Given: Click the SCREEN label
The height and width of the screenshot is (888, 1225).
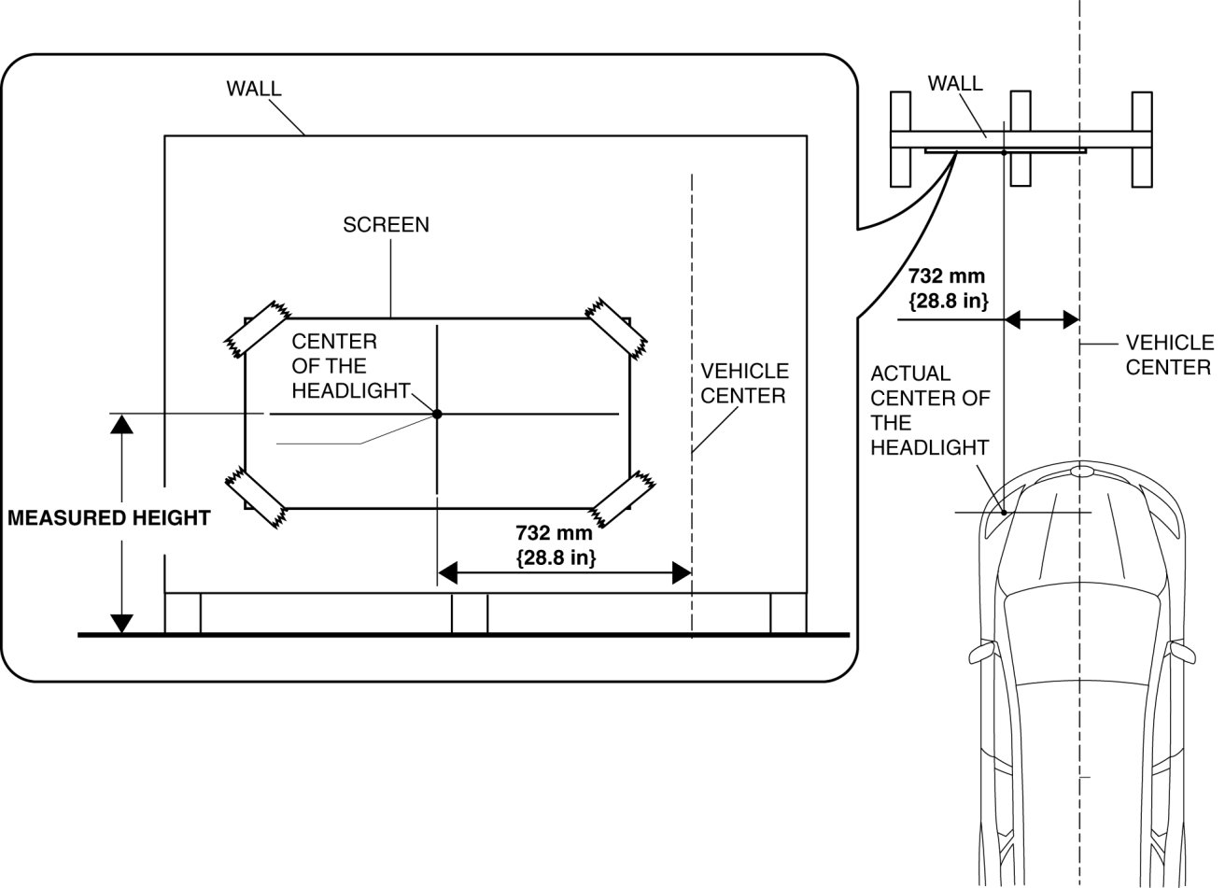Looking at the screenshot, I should click(386, 225).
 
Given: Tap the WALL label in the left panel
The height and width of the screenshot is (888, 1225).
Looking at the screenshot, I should click(253, 89).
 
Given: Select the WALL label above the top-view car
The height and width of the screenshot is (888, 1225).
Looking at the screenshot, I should click(954, 83).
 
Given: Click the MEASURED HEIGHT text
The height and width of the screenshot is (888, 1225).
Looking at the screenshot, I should click(108, 518).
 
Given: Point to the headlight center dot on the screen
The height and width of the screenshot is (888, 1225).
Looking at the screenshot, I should click(436, 413).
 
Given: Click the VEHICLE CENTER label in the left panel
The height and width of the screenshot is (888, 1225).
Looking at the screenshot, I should click(744, 384).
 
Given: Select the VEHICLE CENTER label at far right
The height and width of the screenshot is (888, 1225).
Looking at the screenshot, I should click(1169, 355).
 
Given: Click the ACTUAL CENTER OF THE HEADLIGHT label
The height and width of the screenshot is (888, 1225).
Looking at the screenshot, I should click(929, 411).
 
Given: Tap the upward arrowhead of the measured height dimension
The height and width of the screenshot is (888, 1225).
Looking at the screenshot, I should click(121, 424).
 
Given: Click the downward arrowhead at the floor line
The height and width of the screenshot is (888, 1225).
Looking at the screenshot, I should click(121, 623).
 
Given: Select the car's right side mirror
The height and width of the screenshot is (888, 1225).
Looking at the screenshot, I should click(1183, 650).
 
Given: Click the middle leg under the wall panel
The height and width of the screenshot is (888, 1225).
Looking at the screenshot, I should click(469, 613).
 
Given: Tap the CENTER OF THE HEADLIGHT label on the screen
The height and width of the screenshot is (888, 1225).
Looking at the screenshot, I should click(350, 366).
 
